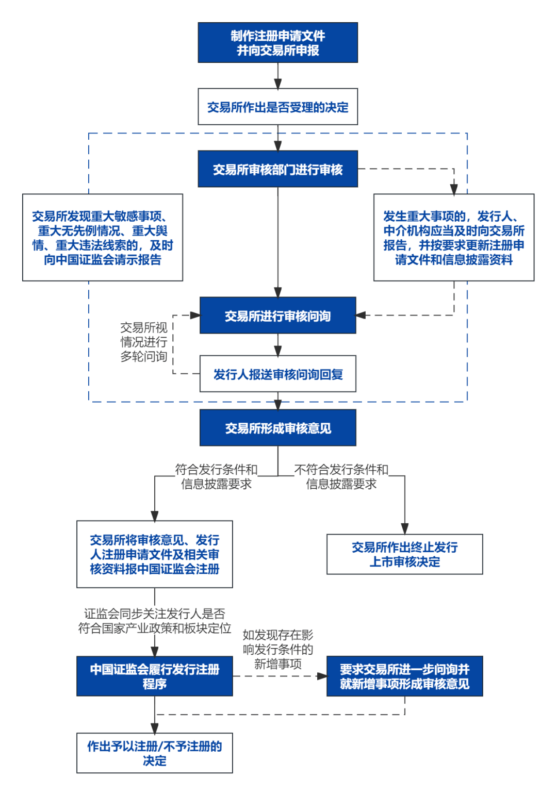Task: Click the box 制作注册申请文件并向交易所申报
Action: tap(277, 43)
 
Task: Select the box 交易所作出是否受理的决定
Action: tap(277, 107)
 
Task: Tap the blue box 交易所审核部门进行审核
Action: tap(277, 169)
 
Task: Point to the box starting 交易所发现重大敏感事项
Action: tap(103, 238)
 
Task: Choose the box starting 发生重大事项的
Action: tap(453, 238)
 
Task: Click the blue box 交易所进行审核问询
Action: tap(277, 316)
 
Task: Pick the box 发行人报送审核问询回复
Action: tap(277, 374)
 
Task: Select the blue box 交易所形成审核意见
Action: tap(277, 428)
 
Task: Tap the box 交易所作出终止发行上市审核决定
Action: tap(404, 554)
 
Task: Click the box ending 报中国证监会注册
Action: tap(154, 554)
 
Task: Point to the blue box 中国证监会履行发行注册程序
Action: tap(154, 676)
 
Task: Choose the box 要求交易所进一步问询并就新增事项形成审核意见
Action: tap(404, 676)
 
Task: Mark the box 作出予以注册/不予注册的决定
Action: tap(154, 753)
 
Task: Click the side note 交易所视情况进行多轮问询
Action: tap(144, 342)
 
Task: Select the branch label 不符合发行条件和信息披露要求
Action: tap(341, 476)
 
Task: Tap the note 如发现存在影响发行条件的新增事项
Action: tap(277, 649)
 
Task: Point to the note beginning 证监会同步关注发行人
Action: tap(154, 621)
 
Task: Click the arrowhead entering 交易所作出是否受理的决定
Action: tap(277, 84)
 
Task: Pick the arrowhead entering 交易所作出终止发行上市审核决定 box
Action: tap(404, 529)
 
